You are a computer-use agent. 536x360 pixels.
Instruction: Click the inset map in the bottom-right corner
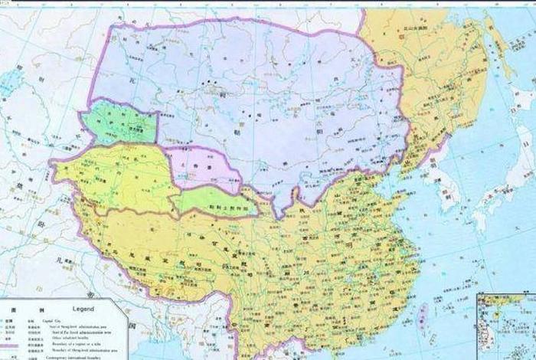point(505,326)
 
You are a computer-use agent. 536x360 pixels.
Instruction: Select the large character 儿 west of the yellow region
point(60,260)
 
